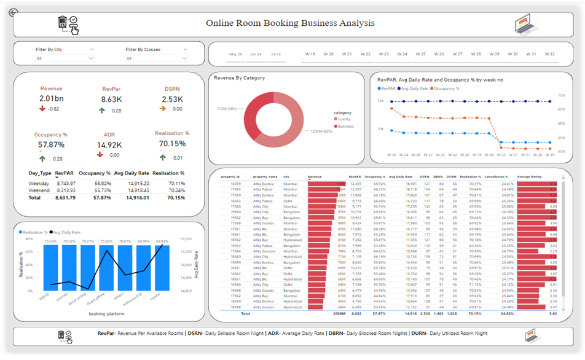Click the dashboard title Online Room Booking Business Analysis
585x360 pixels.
(290, 23)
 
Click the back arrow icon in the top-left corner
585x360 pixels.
(14, 12)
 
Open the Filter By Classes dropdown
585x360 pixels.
(156, 58)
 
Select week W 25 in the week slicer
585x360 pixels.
(420, 54)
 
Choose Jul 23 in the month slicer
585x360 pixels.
(275, 54)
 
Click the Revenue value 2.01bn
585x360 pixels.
(51, 99)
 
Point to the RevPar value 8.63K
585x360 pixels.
(111, 99)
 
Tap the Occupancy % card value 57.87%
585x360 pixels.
(51, 144)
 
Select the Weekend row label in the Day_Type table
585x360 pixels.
(40, 190)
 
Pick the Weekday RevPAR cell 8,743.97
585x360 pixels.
(65, 183)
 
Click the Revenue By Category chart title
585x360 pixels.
(239, 78)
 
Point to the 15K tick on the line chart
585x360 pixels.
(381, 101)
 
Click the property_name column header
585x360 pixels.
(265, 176)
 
